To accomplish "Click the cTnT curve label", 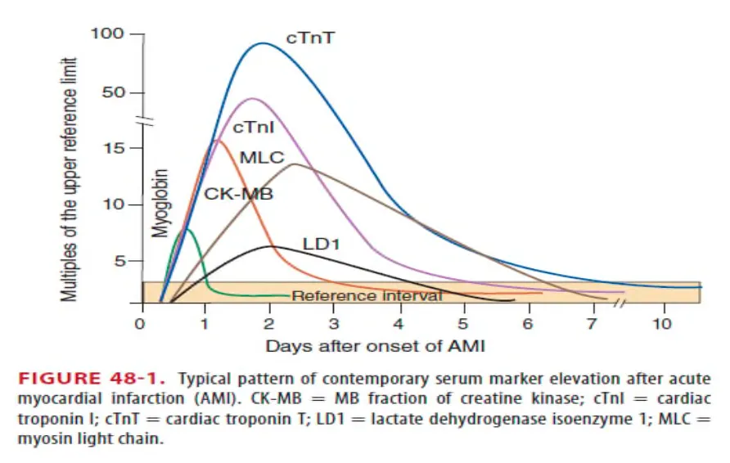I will [x=309, y=38].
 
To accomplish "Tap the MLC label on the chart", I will [x=260, y=157].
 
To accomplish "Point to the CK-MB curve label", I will [x=238, y=195].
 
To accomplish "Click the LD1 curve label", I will [x=322, y=244].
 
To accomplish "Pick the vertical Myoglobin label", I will [x=160, y=203].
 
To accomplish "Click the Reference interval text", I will [x=367, y=296].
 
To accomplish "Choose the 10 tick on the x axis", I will [x=662, y=323].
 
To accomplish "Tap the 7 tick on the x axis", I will [x=592, y=323].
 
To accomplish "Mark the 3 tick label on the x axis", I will [x=334, y=323].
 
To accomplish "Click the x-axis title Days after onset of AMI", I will [x=375, y=346].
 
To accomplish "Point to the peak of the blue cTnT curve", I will [x=262, y=43].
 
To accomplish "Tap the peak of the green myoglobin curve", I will [x=187, y=230].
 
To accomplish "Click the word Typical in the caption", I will [x=204, y=380].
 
